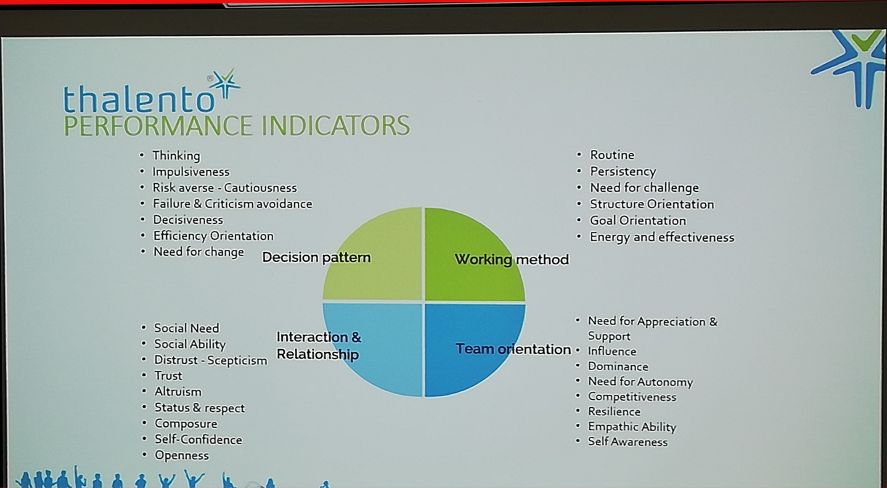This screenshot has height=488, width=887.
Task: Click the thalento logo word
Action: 139,98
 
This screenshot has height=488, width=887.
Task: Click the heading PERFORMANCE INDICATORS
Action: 236,126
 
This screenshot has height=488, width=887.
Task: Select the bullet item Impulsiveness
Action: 191,172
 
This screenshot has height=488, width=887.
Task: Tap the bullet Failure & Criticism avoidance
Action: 233,204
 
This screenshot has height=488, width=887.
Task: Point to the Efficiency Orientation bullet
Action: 213,236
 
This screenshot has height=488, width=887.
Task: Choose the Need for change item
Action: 199,252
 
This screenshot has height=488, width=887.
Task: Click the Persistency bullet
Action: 623,171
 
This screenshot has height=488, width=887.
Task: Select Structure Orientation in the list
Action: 652,204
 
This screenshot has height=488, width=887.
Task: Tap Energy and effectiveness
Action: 662,237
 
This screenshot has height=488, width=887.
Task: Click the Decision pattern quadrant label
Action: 316,257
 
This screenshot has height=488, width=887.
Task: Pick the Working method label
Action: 512,259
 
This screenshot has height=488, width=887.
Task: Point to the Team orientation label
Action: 513,349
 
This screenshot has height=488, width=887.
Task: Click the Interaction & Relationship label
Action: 318,346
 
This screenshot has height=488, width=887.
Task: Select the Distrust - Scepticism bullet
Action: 210,360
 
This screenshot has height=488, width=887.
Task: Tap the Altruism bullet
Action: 178,392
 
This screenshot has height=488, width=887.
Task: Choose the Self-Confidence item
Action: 199,440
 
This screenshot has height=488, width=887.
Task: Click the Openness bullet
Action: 182,456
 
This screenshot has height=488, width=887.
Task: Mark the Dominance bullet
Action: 618,367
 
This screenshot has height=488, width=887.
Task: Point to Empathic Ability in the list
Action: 632,427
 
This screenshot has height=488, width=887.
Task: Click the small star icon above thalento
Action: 225,83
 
